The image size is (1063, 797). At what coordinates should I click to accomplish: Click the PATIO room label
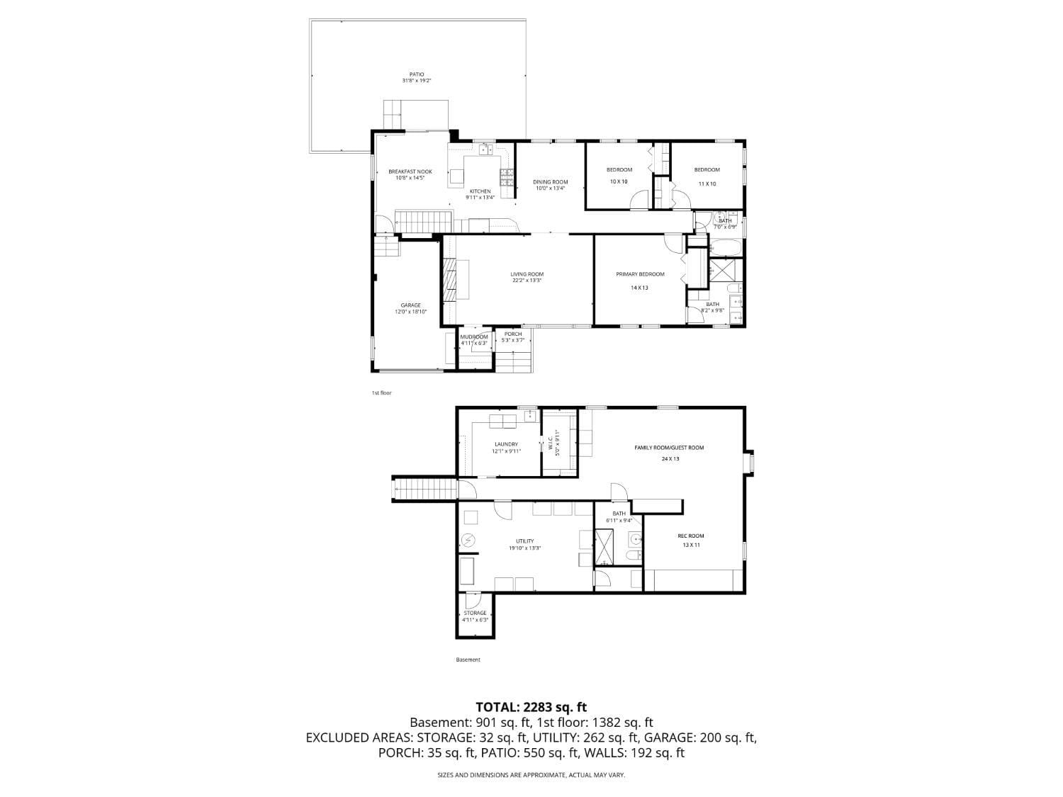point(416,74)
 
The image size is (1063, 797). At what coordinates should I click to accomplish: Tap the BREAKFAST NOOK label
point(410,171)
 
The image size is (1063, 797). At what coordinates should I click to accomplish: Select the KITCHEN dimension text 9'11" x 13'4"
point(480,198)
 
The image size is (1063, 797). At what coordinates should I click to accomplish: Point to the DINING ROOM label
point(551,182)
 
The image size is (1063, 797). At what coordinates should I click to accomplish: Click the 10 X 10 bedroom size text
point(619,182)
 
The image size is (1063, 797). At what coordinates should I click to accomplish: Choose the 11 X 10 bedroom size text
point(707,183)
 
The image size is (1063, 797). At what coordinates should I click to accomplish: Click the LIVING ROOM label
point(527,274)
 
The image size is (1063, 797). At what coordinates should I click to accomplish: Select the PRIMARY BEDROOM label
point(640,274)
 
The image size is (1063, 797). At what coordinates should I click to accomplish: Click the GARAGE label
point(410,305)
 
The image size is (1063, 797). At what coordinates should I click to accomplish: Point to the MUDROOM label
point(474,337)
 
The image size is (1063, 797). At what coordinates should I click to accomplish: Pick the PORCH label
point(512,334)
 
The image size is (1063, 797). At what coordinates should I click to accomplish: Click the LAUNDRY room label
point(506,444)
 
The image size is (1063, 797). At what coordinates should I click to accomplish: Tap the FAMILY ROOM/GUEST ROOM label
point(669,448)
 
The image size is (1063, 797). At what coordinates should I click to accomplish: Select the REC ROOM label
point(690,536)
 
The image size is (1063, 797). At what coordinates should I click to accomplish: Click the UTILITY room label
point(524,541)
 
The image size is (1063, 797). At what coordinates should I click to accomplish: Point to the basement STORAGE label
point(475,613)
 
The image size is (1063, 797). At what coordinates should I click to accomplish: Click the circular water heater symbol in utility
point(468,541)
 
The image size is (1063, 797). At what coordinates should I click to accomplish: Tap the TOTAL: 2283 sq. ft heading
point(531,706)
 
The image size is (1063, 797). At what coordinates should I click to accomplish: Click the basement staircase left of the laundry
point(423,489)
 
